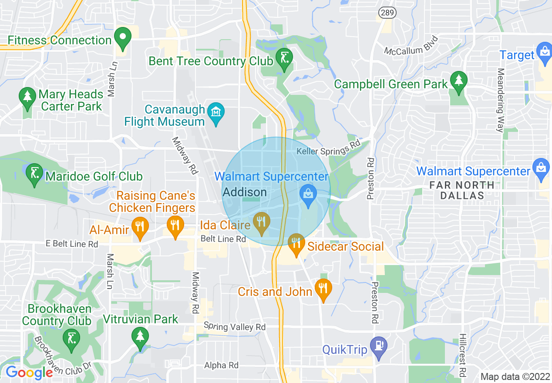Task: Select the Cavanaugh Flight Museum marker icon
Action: pos(216,112)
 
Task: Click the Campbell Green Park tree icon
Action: pos(458,81)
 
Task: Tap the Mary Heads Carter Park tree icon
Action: pos(27,97)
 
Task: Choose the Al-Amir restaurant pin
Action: pos(140,226)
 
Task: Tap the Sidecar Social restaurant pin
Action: pos(296,243)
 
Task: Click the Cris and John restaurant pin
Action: pos(323,288)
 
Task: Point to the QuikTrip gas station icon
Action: pos(378,346)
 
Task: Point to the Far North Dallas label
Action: pos(462,190)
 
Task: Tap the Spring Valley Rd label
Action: pos(235,327)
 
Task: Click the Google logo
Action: pos(29,373)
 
